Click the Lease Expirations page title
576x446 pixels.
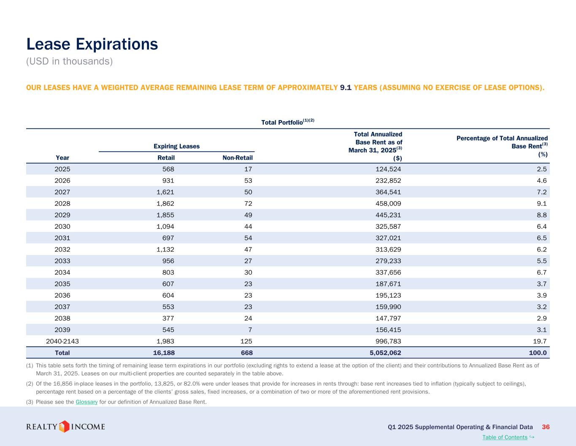click(92, 44)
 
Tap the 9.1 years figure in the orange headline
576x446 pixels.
click(346, 88)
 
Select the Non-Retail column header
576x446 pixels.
click(237, 158)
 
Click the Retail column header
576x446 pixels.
click(166, 158)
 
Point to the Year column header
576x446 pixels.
click(62, 158)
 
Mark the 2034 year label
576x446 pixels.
click(62, 272)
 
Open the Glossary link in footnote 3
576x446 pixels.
click(87, 402)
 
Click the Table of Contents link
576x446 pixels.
click(505, 437)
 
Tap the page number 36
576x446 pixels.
click(546, 427)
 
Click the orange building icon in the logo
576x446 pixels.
click(64, 427)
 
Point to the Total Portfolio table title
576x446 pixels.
click(288, 122)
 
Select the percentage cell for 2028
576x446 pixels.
click(542, 203)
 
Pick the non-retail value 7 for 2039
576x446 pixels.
click(250, 330)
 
